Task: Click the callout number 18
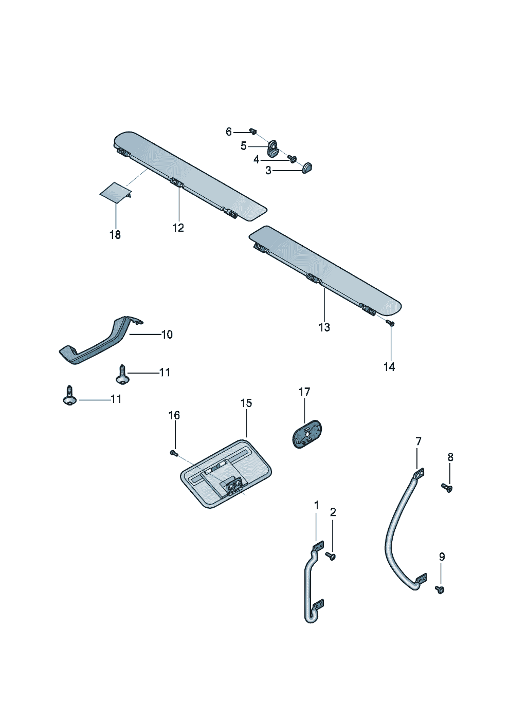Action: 115,235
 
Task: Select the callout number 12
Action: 178,228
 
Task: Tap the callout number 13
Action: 324,327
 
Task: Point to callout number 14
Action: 389,367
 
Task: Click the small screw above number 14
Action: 390,323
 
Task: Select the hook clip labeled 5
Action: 273,149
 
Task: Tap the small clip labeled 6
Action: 252,131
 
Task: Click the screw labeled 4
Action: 293,158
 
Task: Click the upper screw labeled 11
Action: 122,375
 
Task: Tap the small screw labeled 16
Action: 174,453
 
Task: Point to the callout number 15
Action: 246,403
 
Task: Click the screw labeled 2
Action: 331,556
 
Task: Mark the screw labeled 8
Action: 446,487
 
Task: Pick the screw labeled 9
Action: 440,589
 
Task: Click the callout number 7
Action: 418,441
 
